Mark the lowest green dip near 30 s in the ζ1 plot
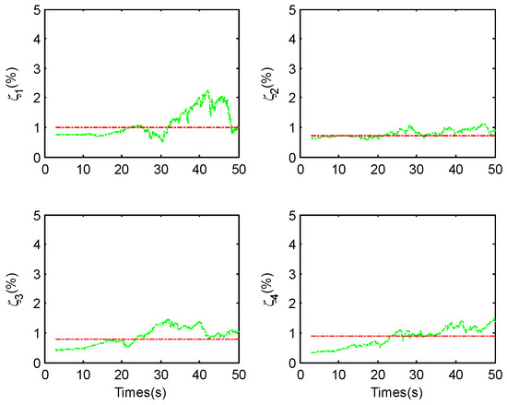click(162, 141)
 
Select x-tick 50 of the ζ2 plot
click(494, 169)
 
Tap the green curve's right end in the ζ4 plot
click(495, 318)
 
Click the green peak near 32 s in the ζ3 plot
click(169, 320)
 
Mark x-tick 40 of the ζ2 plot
click(455, 169)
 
